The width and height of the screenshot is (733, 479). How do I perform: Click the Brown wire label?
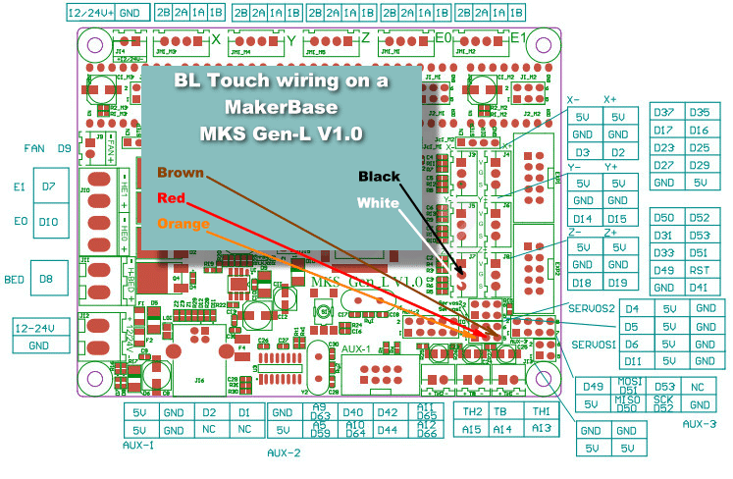click(179, 173)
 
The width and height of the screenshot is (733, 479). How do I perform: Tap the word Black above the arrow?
click(380, 176)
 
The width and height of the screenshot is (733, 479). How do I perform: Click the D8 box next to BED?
click(46, 280)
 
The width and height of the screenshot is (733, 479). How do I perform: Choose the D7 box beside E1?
click(48, 186)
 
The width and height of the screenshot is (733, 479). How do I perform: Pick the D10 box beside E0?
click(48, 222)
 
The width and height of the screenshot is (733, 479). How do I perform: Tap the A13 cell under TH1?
click(541, 429)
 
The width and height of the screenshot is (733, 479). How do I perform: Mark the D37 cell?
click(663, 113)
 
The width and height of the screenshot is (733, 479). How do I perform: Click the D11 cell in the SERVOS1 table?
click(633, 361)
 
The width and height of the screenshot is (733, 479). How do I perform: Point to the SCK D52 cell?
click(665, 403)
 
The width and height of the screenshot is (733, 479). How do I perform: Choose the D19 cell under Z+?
click(616, 283)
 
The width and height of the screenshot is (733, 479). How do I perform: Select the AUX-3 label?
click(698, 423)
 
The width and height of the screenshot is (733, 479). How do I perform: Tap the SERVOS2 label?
click(591, 308)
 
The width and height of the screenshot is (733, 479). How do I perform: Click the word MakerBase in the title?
click(281, 105)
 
